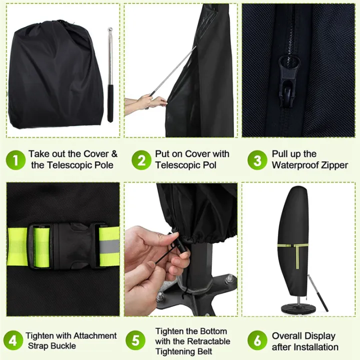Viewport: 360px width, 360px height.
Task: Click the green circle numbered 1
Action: (x=15, y=160)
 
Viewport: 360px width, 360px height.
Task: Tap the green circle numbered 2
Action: (x=141, y=160)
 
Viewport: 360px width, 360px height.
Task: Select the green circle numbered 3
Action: (x=257, y=160)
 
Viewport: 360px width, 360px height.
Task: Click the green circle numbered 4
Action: (x=13, y=340)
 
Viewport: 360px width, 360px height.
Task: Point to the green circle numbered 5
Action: (x=134, y=340)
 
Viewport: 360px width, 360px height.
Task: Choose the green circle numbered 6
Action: (x=257, y=340)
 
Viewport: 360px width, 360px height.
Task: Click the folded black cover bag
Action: (x=52, y=75)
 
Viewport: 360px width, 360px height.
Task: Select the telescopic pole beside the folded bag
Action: (x=109, y=75)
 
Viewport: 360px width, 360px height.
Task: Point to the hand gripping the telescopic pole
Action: (x=150, y=102)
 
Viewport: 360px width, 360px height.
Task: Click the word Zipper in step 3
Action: (x=331, y=165)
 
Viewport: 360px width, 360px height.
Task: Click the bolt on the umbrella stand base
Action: (x=229, y=279)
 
